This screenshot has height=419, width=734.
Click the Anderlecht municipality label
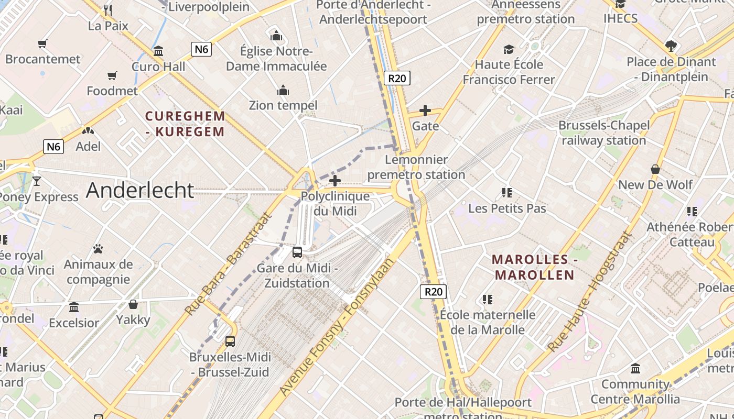(x=140, y=190)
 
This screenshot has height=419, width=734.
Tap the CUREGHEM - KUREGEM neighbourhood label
(x=185, y=124)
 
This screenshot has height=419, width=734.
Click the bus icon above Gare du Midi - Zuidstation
(x=297, y=252)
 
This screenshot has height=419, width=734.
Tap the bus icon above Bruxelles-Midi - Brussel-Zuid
(x=230, y=341)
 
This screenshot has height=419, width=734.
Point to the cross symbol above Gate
(x=425, y=111)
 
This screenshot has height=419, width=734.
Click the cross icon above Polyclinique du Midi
(x=335, y=181)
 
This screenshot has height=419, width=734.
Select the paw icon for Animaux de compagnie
(x=98, y=248)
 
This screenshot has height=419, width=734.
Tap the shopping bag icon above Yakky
(x=133, y=304)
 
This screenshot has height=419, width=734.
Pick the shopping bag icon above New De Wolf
(x=655, y=169)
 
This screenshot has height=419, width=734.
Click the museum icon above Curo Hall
(x=158, y=51)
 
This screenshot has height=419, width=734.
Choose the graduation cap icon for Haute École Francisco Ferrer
(x=509, y=49)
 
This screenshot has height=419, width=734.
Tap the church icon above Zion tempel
(x=283, y=90)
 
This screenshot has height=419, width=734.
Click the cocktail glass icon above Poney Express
(x=37, y=181)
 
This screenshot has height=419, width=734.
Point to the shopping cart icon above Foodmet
(x=112, y=76)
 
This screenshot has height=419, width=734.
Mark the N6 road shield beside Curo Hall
(x=201, y=50)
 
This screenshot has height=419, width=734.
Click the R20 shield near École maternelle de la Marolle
(x=434, y=292)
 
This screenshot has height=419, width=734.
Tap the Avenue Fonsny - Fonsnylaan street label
(x=336, y=327)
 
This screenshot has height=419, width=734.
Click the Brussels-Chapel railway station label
(x=604, y=133)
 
